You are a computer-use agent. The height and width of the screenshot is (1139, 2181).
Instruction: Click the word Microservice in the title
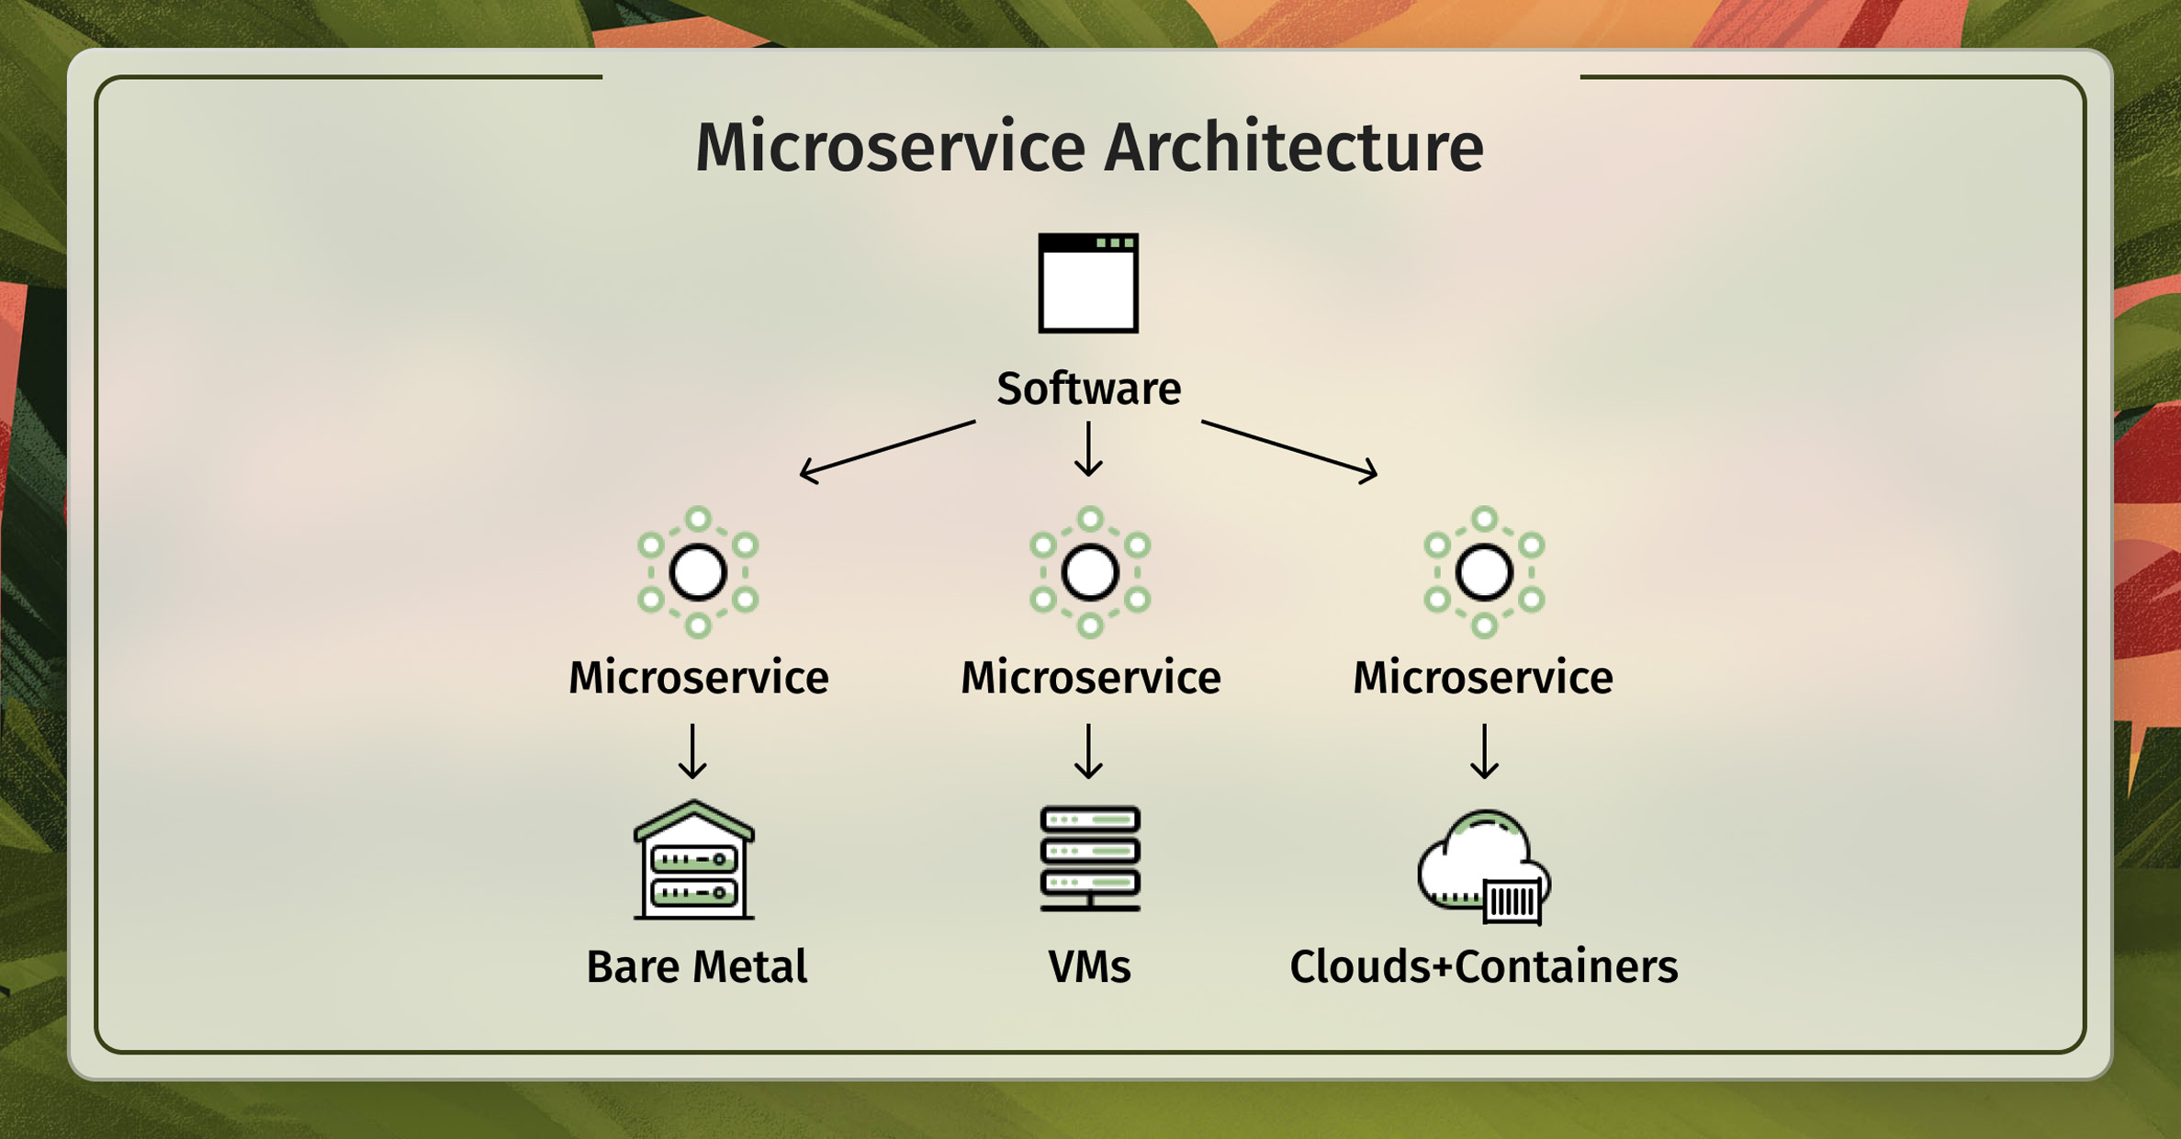pos(890,147)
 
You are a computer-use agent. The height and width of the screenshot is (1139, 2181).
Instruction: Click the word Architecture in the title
pos(1293,147)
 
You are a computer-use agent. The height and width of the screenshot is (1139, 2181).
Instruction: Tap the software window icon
pos(1088,283)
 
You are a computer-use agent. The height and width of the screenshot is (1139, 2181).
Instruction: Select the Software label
pos(1089,389)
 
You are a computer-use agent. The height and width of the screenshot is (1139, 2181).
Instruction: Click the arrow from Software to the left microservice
pos(887,451)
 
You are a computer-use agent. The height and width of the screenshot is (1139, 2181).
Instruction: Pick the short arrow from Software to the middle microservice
pos(1088,449)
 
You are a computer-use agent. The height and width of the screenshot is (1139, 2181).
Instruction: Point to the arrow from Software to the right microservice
pos(1290,451)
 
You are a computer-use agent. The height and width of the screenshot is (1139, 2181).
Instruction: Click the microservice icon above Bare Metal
pos(698,572)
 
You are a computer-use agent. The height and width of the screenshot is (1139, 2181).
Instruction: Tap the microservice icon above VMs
pos(1090,572)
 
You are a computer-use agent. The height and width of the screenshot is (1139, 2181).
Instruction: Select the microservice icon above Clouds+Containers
pos(1484,572)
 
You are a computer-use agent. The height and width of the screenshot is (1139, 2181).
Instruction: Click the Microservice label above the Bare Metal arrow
pos(699,678)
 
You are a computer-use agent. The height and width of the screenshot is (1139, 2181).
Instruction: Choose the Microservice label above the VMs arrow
pos(1091,678)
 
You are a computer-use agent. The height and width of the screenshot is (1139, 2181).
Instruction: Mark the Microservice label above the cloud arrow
pos(1483,678)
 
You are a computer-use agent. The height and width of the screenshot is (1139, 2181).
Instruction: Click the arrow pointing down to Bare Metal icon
pos(692,751)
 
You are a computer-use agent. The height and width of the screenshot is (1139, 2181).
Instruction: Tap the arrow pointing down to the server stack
pos(1088,751)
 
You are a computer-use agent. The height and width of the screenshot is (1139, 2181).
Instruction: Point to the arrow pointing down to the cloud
pos(1484,751)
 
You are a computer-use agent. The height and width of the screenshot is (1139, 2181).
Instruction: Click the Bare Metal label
pos(697,967)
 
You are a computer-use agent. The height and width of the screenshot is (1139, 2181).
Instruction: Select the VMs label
pos(1090,967)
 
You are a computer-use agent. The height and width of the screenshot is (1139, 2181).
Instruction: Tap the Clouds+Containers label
pos(1484,967)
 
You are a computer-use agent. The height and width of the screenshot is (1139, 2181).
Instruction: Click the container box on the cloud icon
pos(1512,901)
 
